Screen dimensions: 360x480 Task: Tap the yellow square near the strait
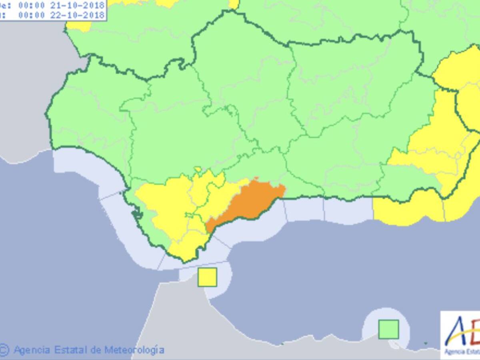click(x=207, y=277)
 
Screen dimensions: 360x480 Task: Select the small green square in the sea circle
click(x=388, y=329)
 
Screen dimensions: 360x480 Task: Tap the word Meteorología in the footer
click(x=134, y=350)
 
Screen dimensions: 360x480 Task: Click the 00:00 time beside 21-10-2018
click(x=31, y=6)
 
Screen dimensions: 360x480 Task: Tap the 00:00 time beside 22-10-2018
click(x=31, y=15)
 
